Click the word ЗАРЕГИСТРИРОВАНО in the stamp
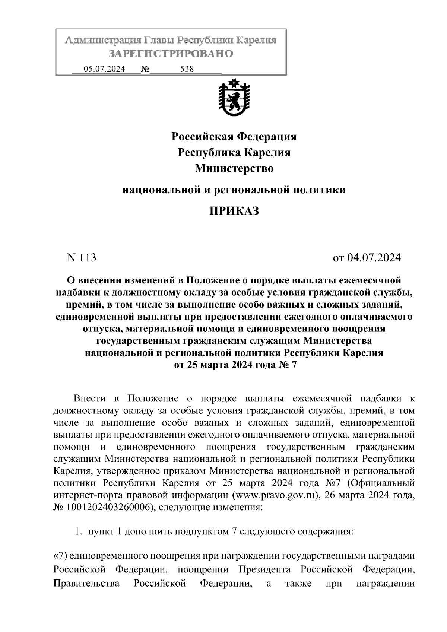tap(171, 54)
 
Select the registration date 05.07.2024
tap(104, 69)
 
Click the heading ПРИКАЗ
tap(234, 211)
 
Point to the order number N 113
tap(81, 257)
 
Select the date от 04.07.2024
tap(367, 257)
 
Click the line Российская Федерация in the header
tap(234, 137)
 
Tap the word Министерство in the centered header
tap(234, 168)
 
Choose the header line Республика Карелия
tap(234, 152)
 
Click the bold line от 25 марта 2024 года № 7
tap(234, 365)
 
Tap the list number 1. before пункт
tap(78, 531)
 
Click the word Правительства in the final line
tap(86, 583)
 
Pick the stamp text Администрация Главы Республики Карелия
tap(171, 40)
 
